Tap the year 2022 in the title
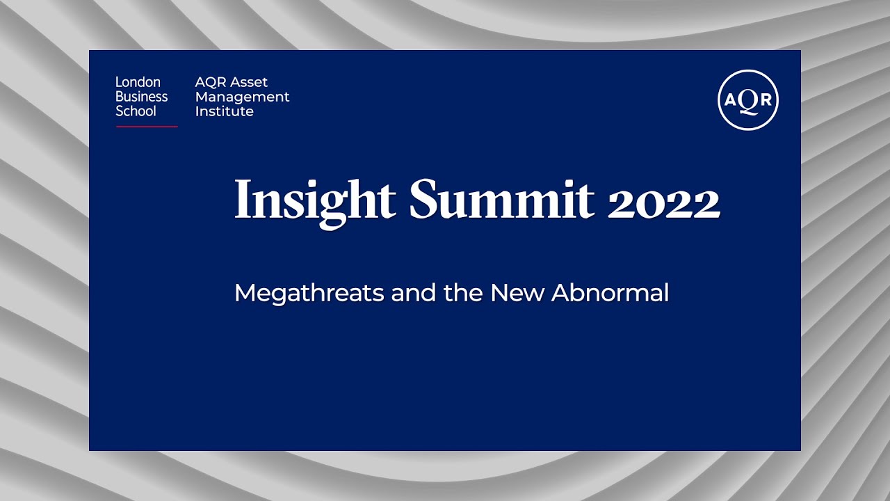tap(663, 202)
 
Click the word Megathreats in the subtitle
tap(309, 293)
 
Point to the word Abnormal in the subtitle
tap(610, 292)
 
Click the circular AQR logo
tap(748, 100)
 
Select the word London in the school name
tap(138, 82)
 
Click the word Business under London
tap(141, 97)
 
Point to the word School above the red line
tap(136, 111)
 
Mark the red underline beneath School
tap(147, 127)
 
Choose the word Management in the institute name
tap(242, 97)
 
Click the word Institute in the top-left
tap(224, 111)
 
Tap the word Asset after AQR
tap(250, 82)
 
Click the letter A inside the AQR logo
tap(731, 100)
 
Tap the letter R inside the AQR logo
tap(765, 100)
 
